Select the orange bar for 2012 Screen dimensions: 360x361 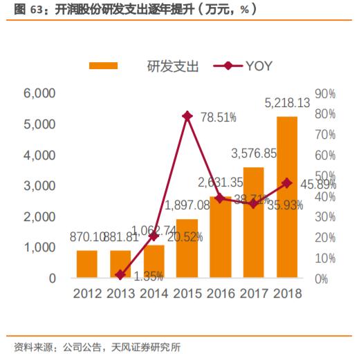point(87,264)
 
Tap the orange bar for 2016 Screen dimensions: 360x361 point(220,237)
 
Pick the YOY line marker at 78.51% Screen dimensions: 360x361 point(187,116)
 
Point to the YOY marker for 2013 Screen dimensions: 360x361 point(120,275)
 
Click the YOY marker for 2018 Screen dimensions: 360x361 point(287,183)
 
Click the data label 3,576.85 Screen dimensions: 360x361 point(254,153)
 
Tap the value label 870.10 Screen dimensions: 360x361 point(86,237)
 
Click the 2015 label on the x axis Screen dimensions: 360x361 point(187,294)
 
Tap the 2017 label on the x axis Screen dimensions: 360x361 point(254,294)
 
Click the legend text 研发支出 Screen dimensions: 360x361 point(173,66)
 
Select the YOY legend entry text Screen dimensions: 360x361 point(259,66)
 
